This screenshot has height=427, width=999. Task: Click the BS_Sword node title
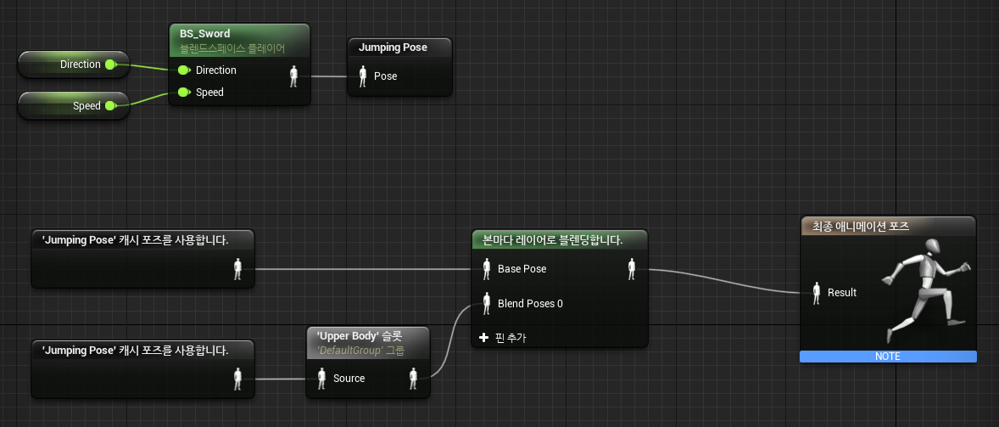205,34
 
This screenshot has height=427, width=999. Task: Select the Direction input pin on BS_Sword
183,70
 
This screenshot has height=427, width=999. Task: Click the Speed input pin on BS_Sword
183,93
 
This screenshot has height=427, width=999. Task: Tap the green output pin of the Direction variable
110,65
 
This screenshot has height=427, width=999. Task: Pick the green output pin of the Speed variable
110,106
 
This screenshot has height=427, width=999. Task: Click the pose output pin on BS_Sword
294,76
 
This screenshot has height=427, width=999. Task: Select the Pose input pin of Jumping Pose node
362,76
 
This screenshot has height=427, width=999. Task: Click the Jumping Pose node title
393,48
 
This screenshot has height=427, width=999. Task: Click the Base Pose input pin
487,269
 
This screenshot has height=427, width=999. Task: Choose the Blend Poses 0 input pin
487,303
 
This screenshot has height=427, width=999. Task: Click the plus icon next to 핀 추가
484,338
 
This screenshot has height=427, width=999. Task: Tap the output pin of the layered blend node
632,269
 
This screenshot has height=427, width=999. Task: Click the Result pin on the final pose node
817,293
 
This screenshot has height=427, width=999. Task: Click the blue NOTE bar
888,357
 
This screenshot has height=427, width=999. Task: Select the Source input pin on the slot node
322,379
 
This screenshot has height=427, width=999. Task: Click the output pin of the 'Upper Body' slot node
414,379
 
